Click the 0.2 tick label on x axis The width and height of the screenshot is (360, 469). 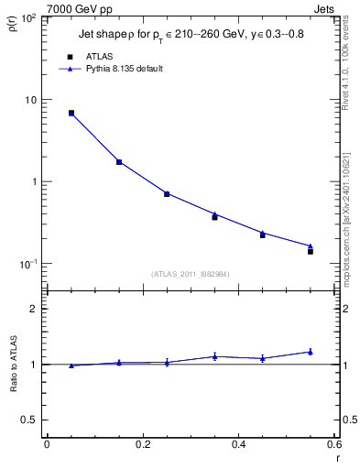tap(142, 444)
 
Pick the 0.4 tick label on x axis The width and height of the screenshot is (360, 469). tap(238, 444)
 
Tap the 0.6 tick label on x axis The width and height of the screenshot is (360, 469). tap(334, 444)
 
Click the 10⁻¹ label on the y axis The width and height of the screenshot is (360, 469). tap(27, 264)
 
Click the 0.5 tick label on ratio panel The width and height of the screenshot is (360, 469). tap(29, 420)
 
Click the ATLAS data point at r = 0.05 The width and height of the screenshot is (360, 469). tap(71, 114)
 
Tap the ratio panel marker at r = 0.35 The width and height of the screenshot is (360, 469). tap(214, 356)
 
